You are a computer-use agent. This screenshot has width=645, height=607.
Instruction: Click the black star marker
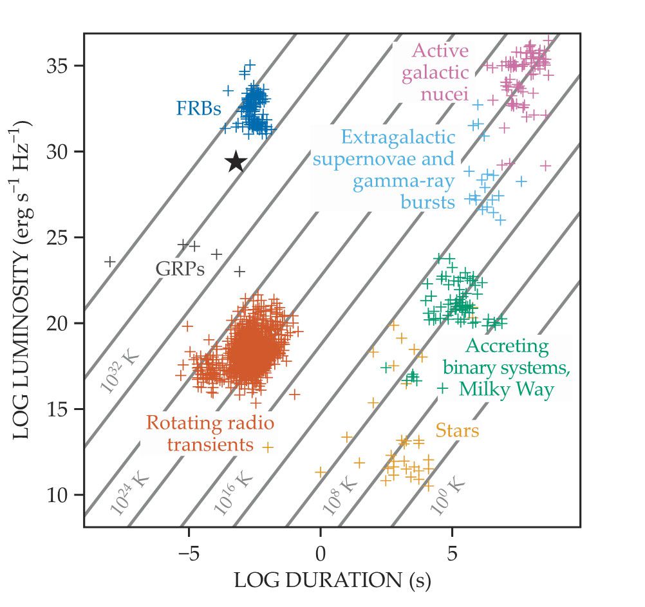pos(236,162)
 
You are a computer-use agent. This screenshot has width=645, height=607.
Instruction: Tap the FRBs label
pos(198,109)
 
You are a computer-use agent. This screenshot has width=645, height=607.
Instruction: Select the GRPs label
pos(180,269)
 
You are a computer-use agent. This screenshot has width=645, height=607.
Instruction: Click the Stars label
pos(457,431)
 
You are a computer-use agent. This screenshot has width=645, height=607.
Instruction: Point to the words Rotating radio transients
pos(210,434)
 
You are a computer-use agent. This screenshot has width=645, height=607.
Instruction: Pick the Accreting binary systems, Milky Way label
pos(506,368)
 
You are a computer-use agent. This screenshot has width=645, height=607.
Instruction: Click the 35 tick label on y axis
pos(60,66)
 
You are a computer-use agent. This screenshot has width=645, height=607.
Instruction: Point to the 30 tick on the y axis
pos(60,152)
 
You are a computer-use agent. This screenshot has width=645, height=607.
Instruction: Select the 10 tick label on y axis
pos(60,495)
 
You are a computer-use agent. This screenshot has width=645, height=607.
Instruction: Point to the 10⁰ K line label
pos(447,495)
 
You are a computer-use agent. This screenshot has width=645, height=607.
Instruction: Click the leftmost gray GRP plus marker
pos(110,261)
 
